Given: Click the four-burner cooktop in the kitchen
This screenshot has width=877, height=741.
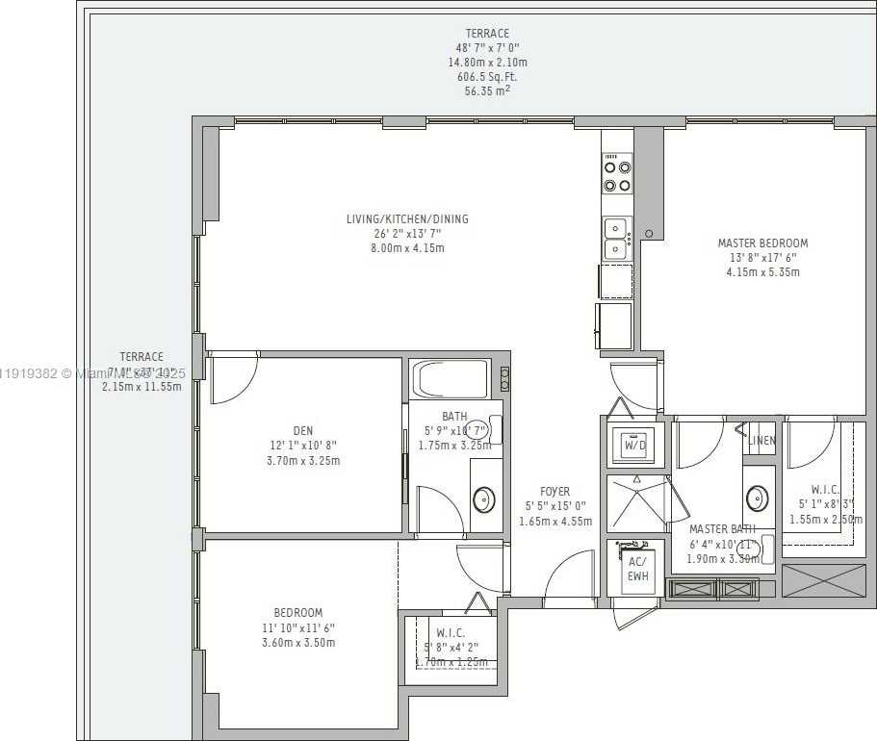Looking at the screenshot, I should pos(617,175).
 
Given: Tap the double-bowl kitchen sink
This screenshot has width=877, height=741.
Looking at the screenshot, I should pos(616,238).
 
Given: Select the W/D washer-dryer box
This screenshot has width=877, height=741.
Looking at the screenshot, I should pos(634,446).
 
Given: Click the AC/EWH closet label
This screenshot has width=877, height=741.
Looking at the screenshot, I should pos(636,568).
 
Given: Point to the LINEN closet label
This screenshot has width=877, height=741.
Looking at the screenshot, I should pos(761,441).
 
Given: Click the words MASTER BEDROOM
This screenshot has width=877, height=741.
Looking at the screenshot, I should pos(762,243).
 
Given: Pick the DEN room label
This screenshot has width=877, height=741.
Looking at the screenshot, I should pos(303,430).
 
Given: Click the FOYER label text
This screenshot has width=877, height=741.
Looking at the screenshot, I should pos(555,492).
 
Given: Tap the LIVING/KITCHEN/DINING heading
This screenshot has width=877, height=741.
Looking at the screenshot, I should pos(407,219).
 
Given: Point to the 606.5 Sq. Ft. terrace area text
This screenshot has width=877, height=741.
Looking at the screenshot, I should pos(487,77).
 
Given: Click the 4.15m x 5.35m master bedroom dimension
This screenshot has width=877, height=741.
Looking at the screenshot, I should pos(762,272).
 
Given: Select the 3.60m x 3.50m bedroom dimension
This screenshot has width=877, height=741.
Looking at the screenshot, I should pos(297,642).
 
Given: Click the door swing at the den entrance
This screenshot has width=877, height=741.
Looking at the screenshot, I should pos(234,378).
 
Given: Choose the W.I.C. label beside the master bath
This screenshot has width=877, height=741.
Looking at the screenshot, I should pos(825,489).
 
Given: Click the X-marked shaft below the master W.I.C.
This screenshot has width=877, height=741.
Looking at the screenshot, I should pos(823,580).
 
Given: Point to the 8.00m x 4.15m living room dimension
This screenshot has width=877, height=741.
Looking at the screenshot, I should pos(407,248).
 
